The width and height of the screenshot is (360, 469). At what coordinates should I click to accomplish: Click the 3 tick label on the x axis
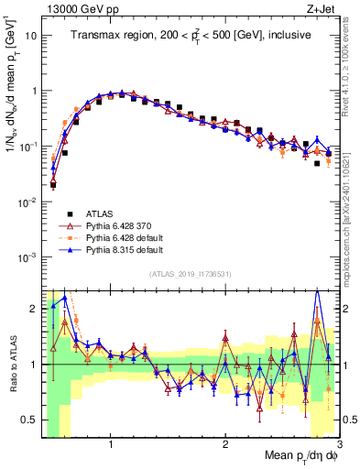[x=339, y=444]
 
